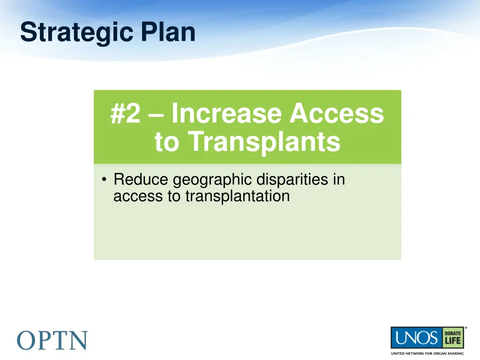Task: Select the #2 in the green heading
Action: (125, 114)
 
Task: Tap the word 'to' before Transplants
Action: (167, 142)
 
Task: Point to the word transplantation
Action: (237, 196)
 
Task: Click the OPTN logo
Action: (52, 340)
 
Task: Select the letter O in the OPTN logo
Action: (27, 340)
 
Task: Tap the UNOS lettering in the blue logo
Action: (415, 338)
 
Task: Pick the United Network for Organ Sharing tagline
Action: (427, 353)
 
